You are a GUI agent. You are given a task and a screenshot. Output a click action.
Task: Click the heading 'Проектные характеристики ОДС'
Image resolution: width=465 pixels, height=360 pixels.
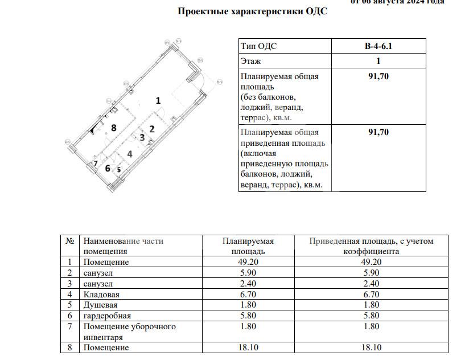(x=253, y=11)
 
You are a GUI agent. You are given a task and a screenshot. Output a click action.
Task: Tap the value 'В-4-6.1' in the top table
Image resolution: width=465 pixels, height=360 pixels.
(x=378, y=46)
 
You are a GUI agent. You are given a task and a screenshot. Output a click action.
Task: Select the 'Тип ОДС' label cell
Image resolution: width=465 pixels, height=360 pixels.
(x=259, y=46)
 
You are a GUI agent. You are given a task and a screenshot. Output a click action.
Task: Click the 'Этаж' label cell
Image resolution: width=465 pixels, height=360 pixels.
(x=251, y=61)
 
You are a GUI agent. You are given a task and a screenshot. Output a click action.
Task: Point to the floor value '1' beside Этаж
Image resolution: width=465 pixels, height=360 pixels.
(x=378, y=61)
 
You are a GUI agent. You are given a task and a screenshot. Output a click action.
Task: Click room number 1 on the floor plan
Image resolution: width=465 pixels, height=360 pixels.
(x=158, y=100)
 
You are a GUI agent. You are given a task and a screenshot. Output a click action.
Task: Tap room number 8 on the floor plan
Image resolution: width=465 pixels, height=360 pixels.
(x=114, y=128)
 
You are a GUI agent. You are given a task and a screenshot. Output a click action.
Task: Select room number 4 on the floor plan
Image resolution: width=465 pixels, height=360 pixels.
(x=130, y=154)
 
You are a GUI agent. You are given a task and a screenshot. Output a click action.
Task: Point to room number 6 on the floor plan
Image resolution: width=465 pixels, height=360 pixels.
(x=107, y=168)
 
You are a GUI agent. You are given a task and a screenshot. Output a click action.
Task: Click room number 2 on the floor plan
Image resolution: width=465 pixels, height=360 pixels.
(x=152, y=129)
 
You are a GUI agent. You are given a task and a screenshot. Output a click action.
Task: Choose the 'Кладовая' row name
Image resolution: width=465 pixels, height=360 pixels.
(x=101, y=294)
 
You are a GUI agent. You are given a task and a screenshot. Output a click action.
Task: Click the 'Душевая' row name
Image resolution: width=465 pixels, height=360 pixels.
(x=100, y=305)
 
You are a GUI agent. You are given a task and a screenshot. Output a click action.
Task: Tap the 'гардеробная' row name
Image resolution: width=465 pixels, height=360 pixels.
(x=107, y=316)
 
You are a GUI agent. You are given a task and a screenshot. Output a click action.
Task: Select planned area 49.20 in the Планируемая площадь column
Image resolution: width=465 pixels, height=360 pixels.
(x=248, y=262)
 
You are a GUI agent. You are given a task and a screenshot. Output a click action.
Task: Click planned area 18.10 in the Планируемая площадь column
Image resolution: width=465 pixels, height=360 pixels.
(x=248, y=347)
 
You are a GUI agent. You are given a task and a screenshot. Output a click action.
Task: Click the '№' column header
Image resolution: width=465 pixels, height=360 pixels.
(x=71, y=241)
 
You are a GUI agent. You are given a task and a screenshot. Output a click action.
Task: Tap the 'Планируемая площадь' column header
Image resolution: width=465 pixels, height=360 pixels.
(x=248, y=246)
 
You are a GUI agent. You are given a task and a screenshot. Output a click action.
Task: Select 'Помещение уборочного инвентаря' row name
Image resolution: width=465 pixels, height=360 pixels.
(x=130, y=332)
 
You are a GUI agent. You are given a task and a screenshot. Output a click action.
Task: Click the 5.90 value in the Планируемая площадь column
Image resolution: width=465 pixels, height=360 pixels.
(x=248, y=273)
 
